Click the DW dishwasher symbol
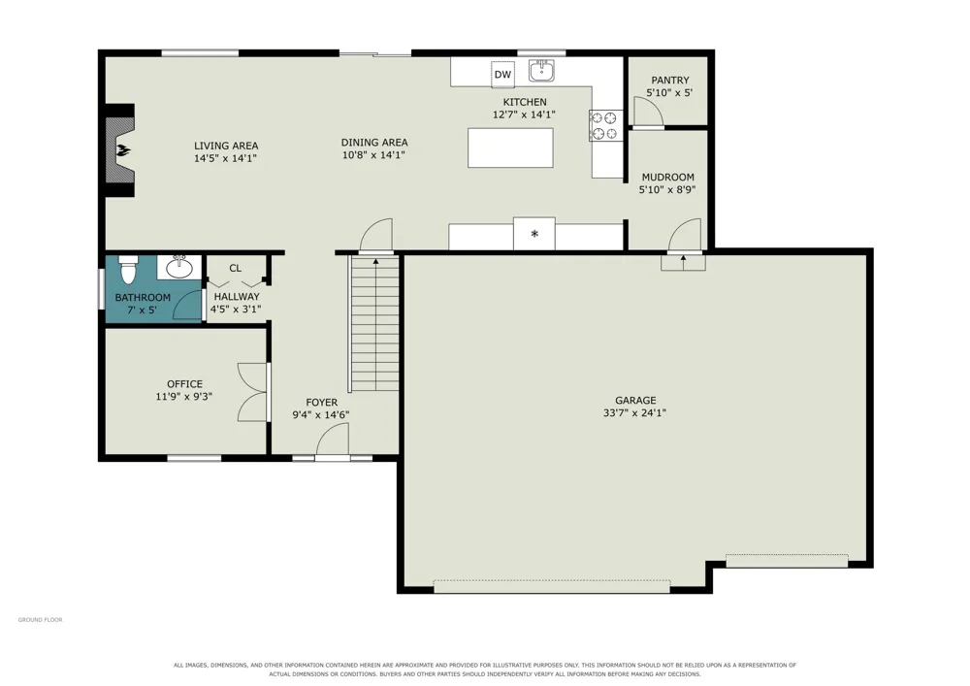[x=502, y=75]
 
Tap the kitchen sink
[x=541, y=71]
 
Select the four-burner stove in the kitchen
[x=605, y=125]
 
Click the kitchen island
[x=510, y=147]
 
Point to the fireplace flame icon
[x=124, y=150]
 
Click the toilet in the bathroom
[x=128, y=269]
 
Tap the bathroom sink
[x=179, y=267]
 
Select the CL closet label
[x=235, y=269]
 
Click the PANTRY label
[x=670, y=81]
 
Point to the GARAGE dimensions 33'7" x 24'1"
[x=634, y=413]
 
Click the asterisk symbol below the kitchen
[x=534, y=234]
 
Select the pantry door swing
[x=648, y=112]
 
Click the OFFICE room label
[x=184, y=384]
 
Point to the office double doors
[x=252, y=392]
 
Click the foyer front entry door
[x=333, y=441]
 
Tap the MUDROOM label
[x=667, y=178]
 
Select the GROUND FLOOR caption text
[x=40, y=620]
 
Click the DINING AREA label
[x=374, y=143]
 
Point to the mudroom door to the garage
[x=685, y=235]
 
